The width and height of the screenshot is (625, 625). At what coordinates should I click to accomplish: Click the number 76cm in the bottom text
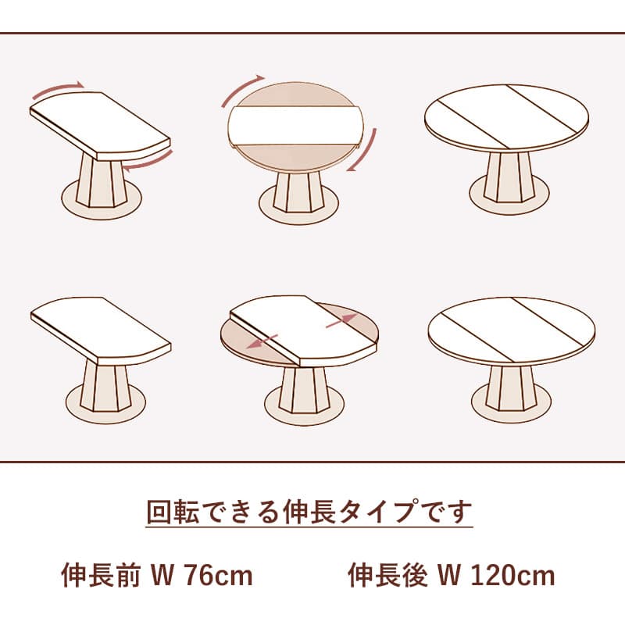pos(220,576)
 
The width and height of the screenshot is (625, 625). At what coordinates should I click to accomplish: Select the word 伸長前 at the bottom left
pos(101,575)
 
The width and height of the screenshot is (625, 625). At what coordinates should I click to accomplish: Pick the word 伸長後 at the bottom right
pos(387,575)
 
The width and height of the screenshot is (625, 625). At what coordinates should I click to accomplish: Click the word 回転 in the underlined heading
pos(173,511)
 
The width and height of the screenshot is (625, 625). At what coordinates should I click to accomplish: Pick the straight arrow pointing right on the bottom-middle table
pos(341,320)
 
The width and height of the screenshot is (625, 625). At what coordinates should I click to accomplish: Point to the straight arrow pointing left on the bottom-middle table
pos(262,342)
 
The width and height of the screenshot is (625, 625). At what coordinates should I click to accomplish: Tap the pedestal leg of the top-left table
pos(102,180)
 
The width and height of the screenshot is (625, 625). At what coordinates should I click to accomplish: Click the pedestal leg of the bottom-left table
pos(105,387)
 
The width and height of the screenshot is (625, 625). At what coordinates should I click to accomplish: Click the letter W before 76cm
pos(163,576)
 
